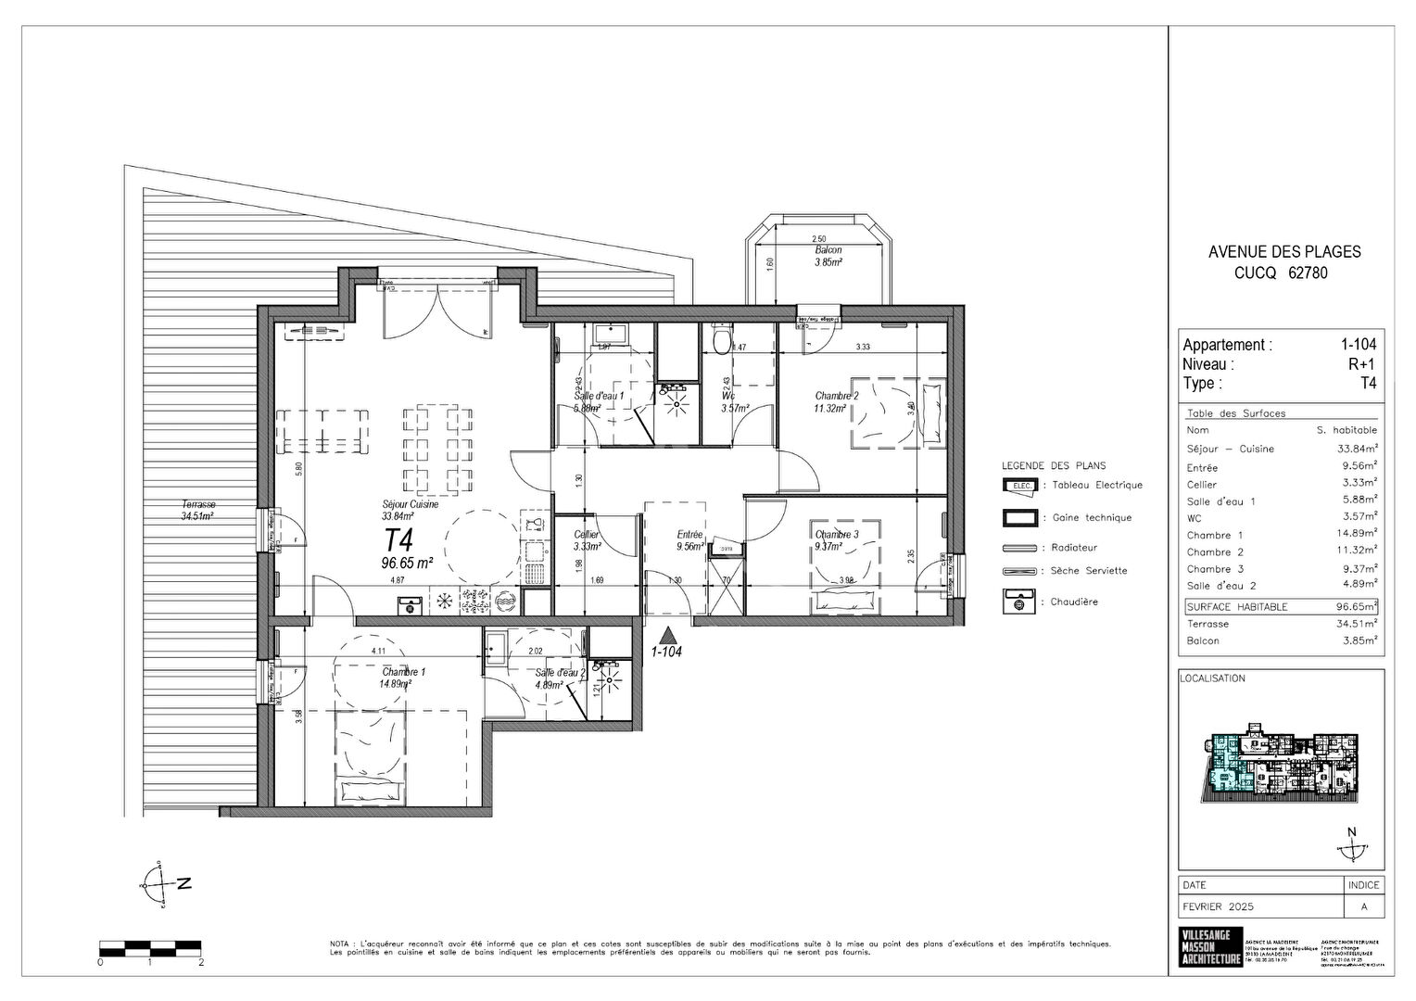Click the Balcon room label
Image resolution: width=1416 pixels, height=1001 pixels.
828,251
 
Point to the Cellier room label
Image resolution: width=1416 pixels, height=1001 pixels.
587,536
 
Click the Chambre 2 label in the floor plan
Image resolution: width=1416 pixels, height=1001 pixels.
836,395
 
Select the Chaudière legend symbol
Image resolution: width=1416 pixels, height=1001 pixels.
1018,602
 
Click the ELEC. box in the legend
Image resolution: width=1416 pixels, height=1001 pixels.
1018,485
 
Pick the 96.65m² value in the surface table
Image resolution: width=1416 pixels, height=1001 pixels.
1356,607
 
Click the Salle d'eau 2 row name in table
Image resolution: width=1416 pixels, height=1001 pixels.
1221,586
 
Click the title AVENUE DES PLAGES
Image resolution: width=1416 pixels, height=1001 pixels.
1284,251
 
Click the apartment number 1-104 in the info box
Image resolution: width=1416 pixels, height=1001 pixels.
1358,345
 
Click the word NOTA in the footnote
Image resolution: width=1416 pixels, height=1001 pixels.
340,944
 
